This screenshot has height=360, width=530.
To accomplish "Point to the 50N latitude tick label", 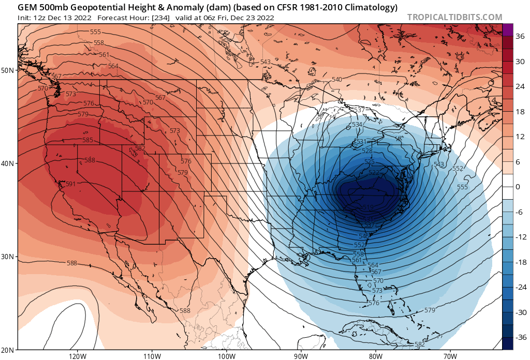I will tap(8, 70).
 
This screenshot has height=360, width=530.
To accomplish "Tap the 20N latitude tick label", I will tap(8, 350).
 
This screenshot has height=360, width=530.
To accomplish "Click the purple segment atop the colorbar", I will tap(507, 29).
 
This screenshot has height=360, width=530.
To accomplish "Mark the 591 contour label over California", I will tap(70, 184).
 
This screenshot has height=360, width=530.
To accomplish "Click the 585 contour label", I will tap(87, 140).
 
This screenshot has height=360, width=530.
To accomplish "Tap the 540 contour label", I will tap(336, 79).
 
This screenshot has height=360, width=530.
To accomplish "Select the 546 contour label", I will tap(364, 236).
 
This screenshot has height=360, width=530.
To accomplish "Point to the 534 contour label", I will tap(357, 125).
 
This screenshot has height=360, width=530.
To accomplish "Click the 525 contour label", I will tap(370, 161).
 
